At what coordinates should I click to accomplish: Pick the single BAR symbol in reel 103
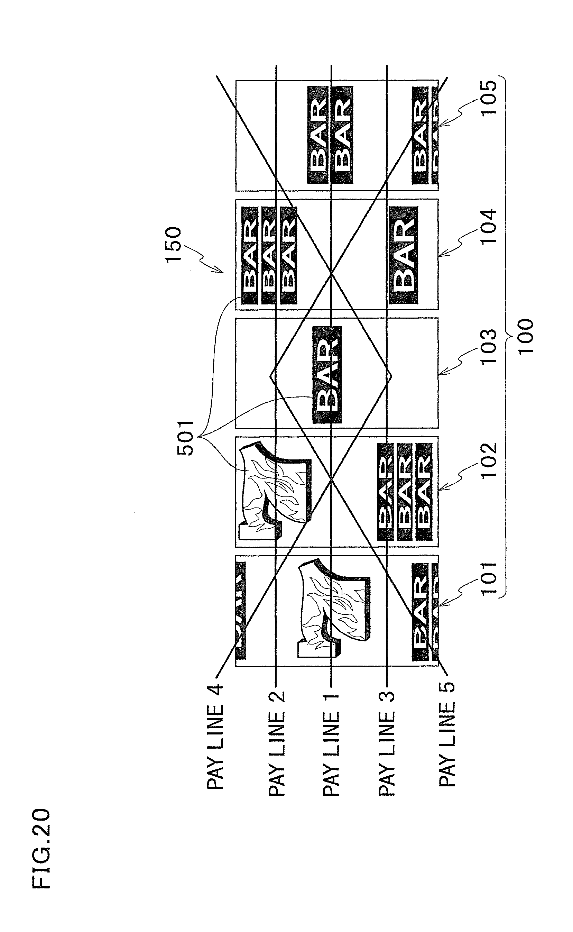pyautogui.click(x=327, y=374)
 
